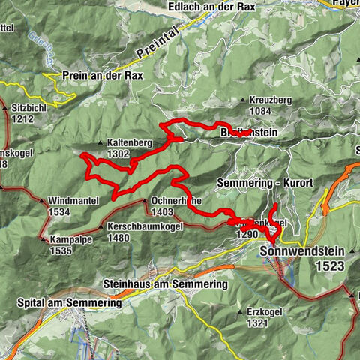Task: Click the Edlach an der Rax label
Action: [212, 7]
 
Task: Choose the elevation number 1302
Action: [118, 154]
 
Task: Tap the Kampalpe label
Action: [70, 240]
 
